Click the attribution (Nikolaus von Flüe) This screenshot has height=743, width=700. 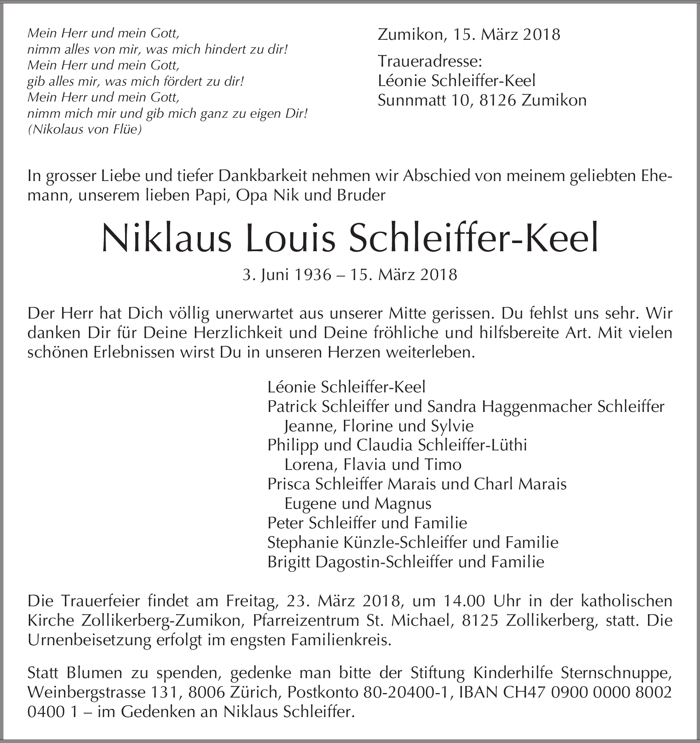(84, 129)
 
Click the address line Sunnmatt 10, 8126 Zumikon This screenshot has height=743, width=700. (482, 100)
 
